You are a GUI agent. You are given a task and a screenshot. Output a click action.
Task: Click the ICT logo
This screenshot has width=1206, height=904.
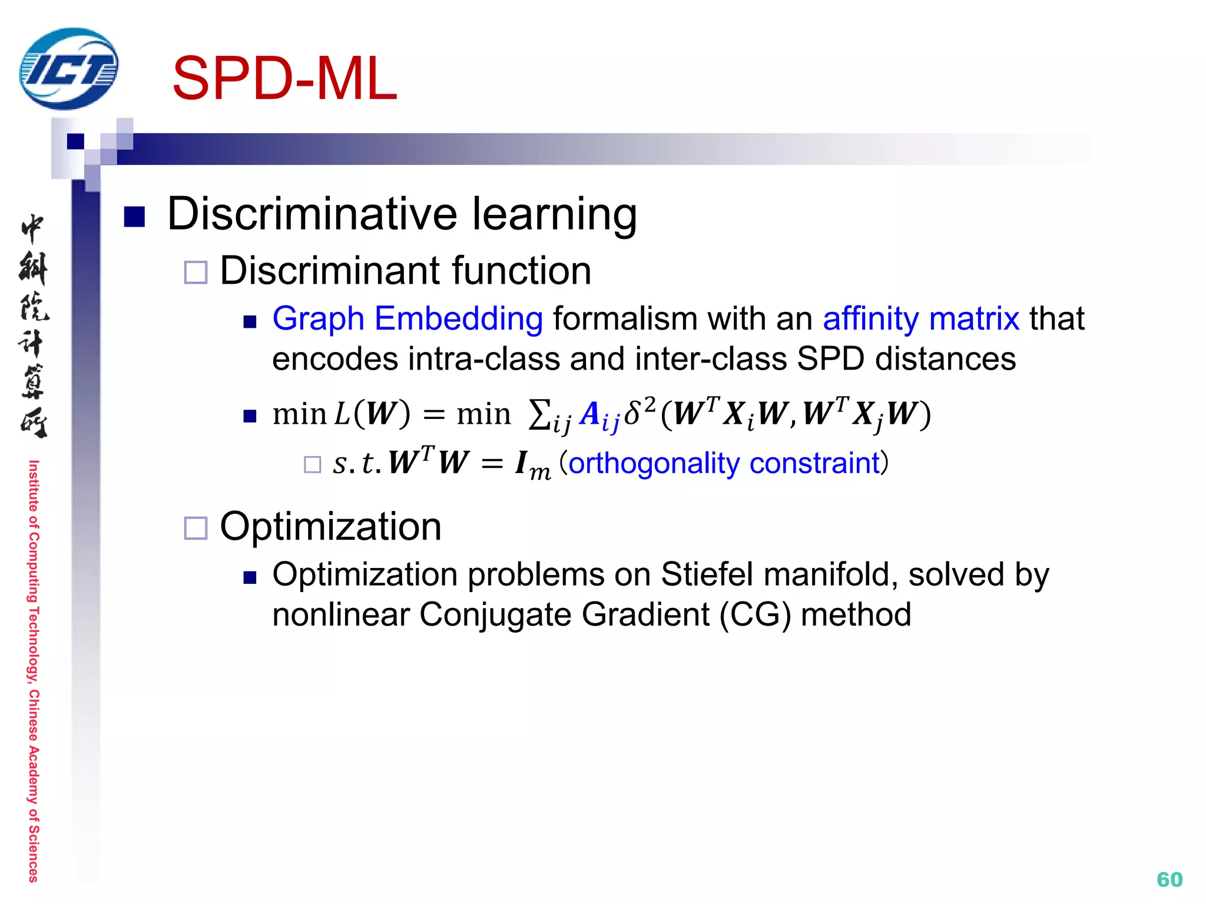tap(68, 69)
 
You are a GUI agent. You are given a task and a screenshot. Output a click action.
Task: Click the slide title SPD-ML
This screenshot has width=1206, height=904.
tap(284, 79)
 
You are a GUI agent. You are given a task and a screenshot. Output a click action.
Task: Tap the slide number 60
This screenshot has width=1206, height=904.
tap(1169, 879)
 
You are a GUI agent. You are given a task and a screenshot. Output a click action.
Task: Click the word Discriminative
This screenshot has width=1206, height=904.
tap(312, 214)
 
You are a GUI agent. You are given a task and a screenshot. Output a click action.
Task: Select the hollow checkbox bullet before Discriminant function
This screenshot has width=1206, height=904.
tap(196, 272)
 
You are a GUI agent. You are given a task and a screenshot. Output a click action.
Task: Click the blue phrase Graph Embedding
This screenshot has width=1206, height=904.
tap(407, 319)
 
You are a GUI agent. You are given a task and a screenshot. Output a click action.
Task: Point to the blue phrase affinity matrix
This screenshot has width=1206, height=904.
tap(920, 319)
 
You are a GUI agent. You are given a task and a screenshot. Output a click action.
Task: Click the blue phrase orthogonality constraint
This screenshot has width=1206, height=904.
tap(724, 463)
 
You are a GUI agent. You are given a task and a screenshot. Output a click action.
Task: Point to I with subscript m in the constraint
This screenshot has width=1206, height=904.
tap(532, 465)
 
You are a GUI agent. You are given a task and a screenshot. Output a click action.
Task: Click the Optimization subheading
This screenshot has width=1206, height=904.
tap(330, 526)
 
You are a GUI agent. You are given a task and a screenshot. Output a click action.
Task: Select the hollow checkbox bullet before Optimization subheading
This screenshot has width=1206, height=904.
tap(196, 528)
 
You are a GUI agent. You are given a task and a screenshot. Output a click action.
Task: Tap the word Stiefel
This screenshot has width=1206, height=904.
tap(706, 574)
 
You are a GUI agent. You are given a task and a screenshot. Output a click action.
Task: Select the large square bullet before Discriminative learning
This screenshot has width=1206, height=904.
tap(134, 217)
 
